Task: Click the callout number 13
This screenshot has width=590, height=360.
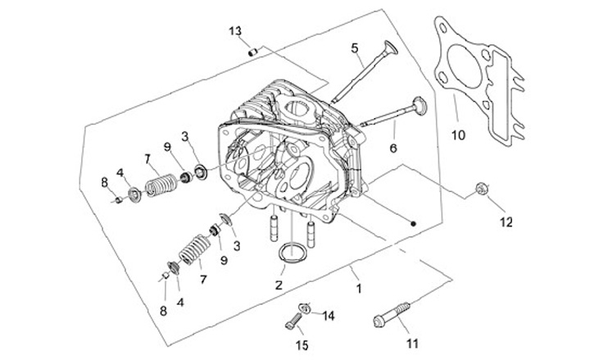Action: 235,31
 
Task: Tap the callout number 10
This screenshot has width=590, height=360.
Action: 458,134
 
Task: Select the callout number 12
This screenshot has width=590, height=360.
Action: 506,222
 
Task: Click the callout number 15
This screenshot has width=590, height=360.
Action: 302,345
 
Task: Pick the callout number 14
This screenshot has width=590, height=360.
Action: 328,316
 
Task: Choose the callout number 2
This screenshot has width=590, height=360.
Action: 279,285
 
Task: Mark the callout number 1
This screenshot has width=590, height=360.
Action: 357,288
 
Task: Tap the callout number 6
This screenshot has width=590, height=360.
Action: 393,148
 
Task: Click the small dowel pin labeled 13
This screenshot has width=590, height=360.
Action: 253,52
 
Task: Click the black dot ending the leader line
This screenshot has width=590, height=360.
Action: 414,222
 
